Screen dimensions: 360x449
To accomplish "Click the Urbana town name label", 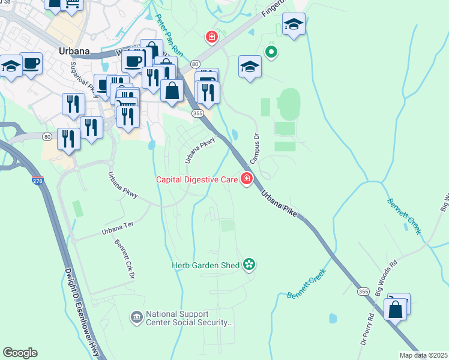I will [74, 52].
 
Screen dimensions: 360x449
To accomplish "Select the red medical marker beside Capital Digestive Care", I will [246, 179].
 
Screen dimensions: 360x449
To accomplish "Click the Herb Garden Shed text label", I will [205, 265].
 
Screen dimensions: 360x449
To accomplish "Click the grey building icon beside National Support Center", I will [136, 316].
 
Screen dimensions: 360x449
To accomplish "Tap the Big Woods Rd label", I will [386, 275].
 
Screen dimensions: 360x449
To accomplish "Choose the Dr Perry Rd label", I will [367, 329].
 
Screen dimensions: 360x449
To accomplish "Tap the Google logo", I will [20, 353].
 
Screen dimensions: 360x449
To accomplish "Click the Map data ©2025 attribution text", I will [423, 355].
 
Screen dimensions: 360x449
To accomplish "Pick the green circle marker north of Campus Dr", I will [271, 53].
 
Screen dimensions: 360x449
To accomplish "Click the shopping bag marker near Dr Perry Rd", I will [396, 310].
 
